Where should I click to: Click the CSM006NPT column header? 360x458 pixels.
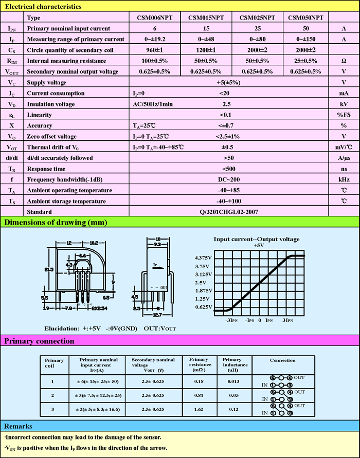[x=155, y=17]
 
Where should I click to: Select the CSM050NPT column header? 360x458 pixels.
[x=305, y=17]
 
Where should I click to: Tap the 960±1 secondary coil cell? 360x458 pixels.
[x=155, y=50]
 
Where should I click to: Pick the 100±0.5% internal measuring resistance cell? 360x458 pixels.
[x=155, y=61]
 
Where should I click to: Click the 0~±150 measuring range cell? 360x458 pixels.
[x=305, y=39]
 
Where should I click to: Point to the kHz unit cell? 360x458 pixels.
[x=344, y=179]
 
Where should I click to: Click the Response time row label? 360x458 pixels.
[x=46, y=169]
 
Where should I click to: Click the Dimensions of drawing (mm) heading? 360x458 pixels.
[x=55, y=222]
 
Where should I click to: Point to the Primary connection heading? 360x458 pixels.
[x=39, y=340]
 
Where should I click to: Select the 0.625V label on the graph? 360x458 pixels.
[x=203, y=307]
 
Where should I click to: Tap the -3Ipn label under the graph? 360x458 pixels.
[x=231, y=320]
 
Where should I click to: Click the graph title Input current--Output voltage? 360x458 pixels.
[x=257, y=239]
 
